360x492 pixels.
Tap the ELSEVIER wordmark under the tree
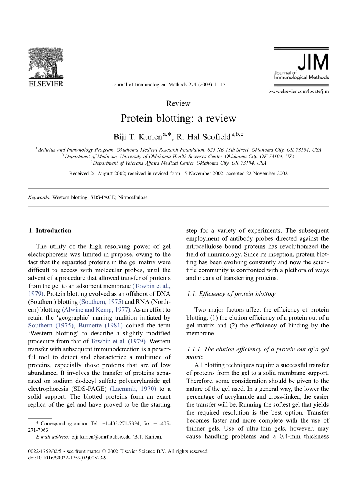tap(46, 84)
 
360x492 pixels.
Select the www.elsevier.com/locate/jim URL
tap(298, 91)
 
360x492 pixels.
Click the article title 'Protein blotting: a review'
tap(178, 118)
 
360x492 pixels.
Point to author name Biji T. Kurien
tap(138, 136)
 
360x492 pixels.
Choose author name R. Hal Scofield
tap(204, 136)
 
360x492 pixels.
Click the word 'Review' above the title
tap(178, 103)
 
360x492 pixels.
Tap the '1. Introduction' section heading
tap(50, 230)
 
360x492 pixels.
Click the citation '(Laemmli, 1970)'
tap(133, 389)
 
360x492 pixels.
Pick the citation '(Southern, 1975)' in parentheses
tap(101, 302)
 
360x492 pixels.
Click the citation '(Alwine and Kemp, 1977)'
tap(96, 310)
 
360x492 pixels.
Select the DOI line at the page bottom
tap(67, 458)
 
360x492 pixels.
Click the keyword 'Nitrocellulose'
tap(133, 197)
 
